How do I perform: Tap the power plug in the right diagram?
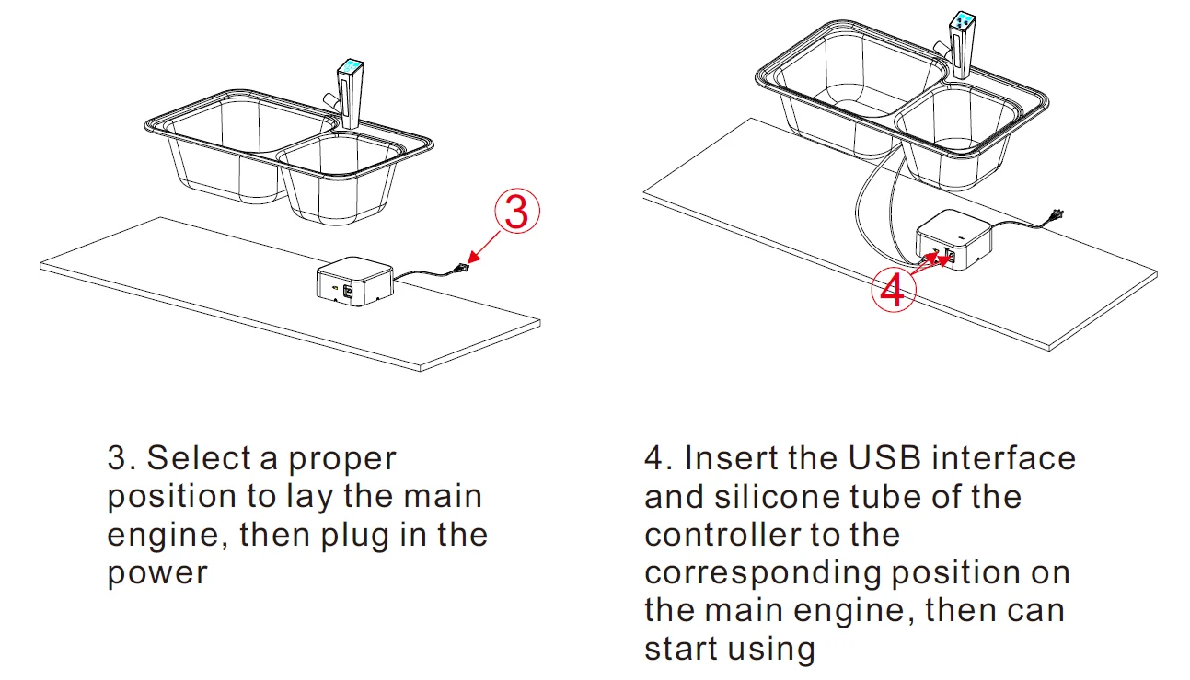[1055, 217]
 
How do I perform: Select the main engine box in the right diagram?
[951, 238]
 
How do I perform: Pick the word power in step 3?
[157, 573]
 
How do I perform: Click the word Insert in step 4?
[723, 458]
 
